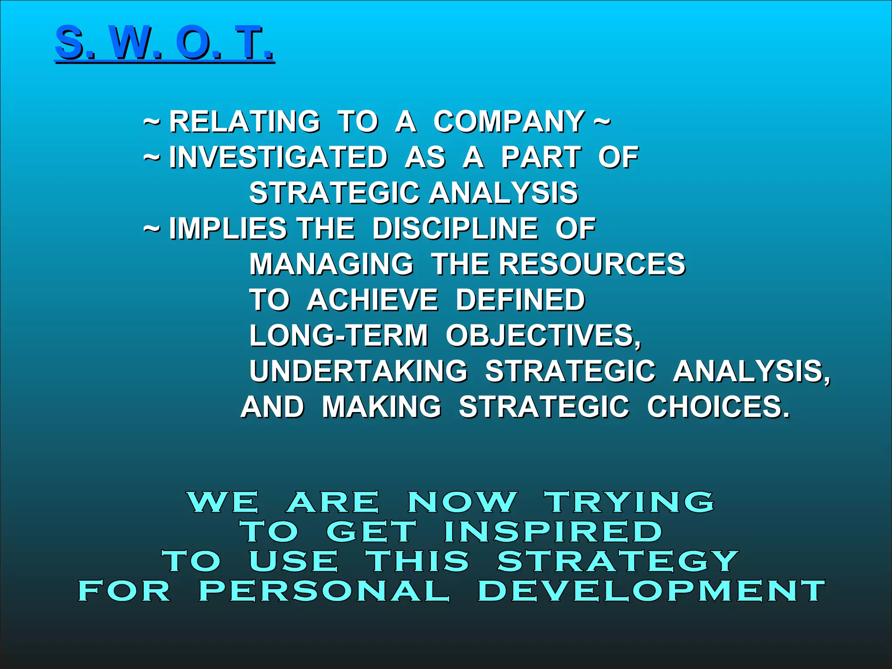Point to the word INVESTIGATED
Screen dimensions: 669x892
point(278,157)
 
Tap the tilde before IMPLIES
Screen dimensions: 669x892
point(152,229)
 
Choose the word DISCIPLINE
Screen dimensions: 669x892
point(455,229)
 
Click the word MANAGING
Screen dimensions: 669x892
point(331,264)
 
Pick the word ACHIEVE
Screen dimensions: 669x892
point(372,300)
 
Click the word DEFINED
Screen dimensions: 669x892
point(520,300)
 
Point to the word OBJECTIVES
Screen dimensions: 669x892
point(543,336)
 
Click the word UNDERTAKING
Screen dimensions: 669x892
point(358,372)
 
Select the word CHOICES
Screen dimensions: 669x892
point(717,407)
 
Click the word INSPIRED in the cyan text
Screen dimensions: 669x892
point(553,532)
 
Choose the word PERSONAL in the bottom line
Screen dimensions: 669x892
point(324,591)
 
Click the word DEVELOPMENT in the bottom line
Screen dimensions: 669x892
point(651,591)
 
